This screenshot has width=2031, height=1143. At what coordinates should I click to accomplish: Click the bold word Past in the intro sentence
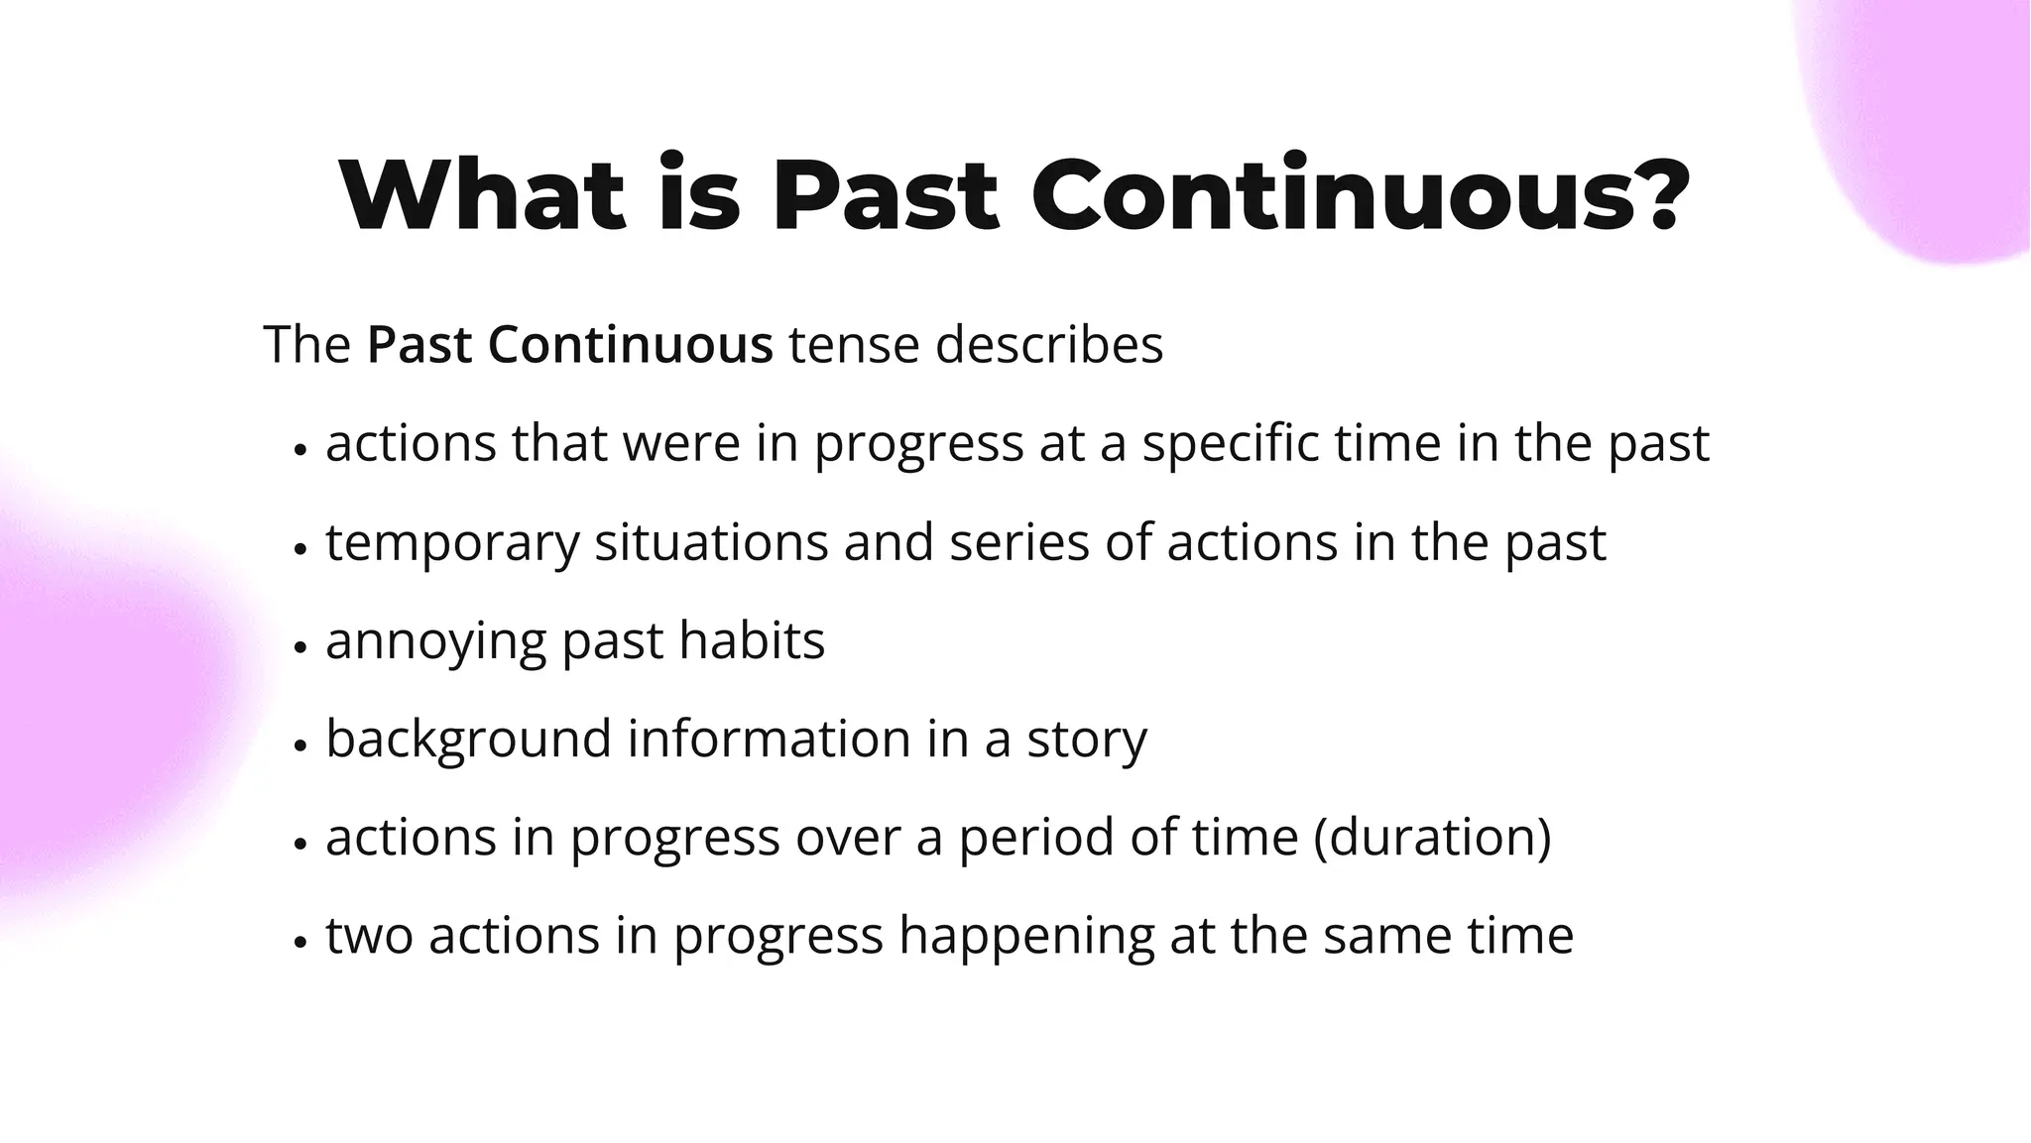coord(421,345)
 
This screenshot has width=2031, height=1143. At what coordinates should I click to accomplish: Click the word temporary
coord(452,543)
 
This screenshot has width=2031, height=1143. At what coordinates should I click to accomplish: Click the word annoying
coord(436,642)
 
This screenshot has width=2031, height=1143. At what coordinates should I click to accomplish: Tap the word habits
coord(752,640)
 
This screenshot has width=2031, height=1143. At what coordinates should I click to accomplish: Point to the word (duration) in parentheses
coord(1432,837)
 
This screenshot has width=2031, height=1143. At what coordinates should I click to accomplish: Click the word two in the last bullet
coord(369,936)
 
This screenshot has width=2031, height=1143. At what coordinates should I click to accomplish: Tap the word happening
coord(1026,937)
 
